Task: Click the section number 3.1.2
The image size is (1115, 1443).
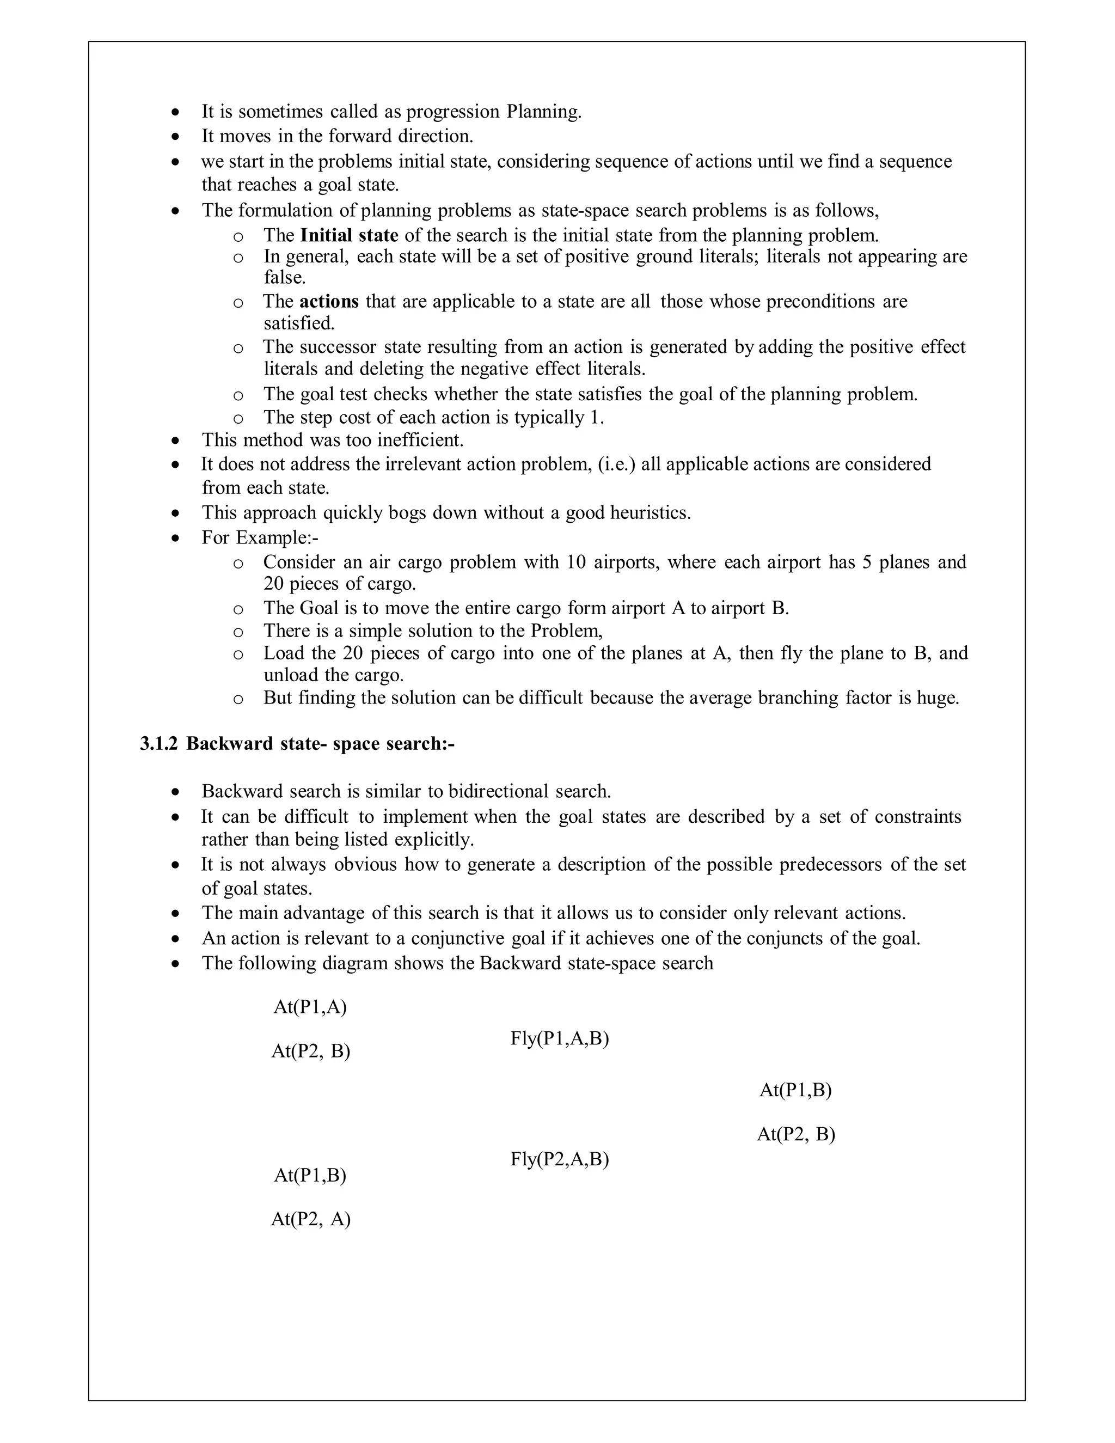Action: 159,743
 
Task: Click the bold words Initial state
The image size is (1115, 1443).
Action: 349,235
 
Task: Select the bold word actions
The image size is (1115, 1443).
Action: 329,301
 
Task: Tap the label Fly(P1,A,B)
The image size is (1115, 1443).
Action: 559,1038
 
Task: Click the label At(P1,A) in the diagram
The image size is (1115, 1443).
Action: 310,1007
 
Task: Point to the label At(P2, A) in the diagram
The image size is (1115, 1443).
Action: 310,1219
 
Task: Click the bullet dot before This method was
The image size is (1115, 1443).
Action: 175,440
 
